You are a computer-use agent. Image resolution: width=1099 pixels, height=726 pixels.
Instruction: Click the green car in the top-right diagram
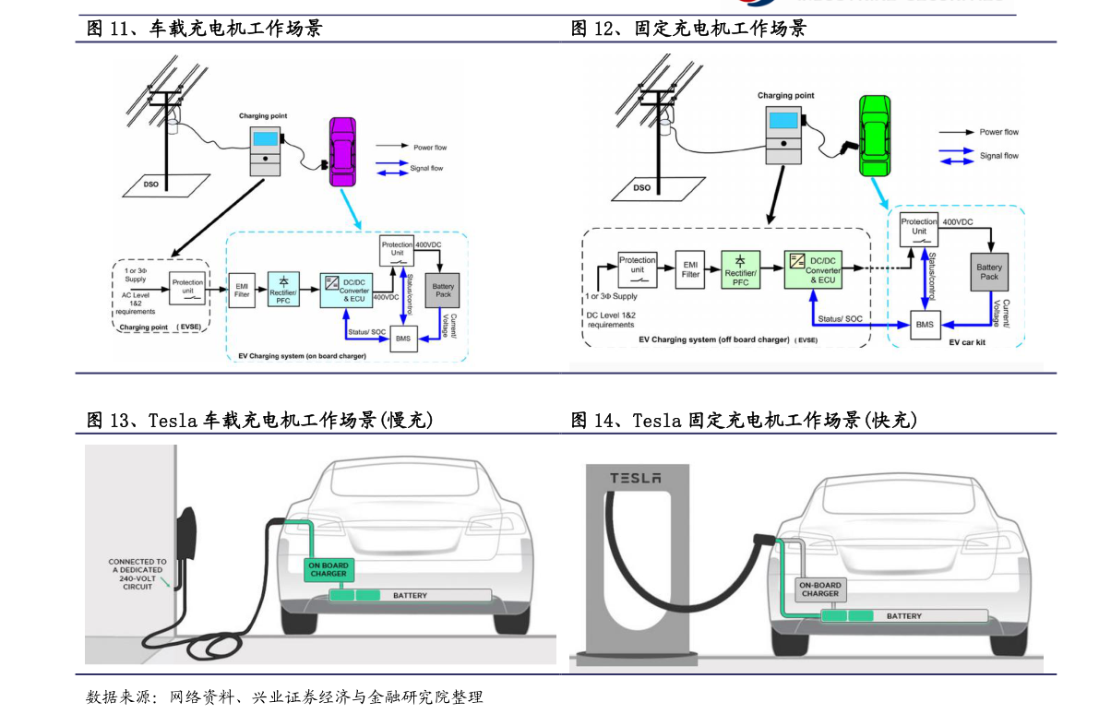click(876, 137)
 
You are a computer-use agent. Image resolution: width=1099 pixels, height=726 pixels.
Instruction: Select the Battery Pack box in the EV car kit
click(988, 272)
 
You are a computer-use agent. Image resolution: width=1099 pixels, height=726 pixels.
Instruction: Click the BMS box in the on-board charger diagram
click(402, 339)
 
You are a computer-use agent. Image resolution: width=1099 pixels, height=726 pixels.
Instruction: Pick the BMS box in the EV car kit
click(925, 325)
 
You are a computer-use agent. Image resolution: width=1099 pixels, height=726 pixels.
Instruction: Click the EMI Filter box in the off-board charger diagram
click(690, 268)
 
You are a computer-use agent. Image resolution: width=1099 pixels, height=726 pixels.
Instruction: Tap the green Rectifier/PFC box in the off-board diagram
click(740, 269)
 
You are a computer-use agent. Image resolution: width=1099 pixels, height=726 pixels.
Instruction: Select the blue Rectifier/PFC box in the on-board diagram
click(282, 289)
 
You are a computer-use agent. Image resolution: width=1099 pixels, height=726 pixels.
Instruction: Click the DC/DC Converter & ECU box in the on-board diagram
click(344, 289)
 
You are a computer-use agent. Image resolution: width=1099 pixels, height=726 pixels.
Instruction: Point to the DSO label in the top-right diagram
click(641, 187)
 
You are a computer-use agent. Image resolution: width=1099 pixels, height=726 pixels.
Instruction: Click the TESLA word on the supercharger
click(634, 478)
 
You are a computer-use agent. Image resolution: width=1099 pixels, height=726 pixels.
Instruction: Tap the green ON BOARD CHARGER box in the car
click(328, 570)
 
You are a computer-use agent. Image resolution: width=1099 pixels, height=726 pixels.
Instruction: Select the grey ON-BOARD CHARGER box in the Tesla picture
click(819, 589)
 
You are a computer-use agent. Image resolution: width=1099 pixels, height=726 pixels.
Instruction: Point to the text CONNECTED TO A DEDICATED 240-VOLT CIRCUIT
click(137, 574)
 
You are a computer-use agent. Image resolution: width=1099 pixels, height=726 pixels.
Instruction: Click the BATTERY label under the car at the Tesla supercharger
click(903, 615)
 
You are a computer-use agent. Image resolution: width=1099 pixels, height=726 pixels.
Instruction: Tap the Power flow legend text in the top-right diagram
click(998, 132)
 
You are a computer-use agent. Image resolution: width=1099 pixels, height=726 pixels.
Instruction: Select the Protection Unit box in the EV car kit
click(919, 228)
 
